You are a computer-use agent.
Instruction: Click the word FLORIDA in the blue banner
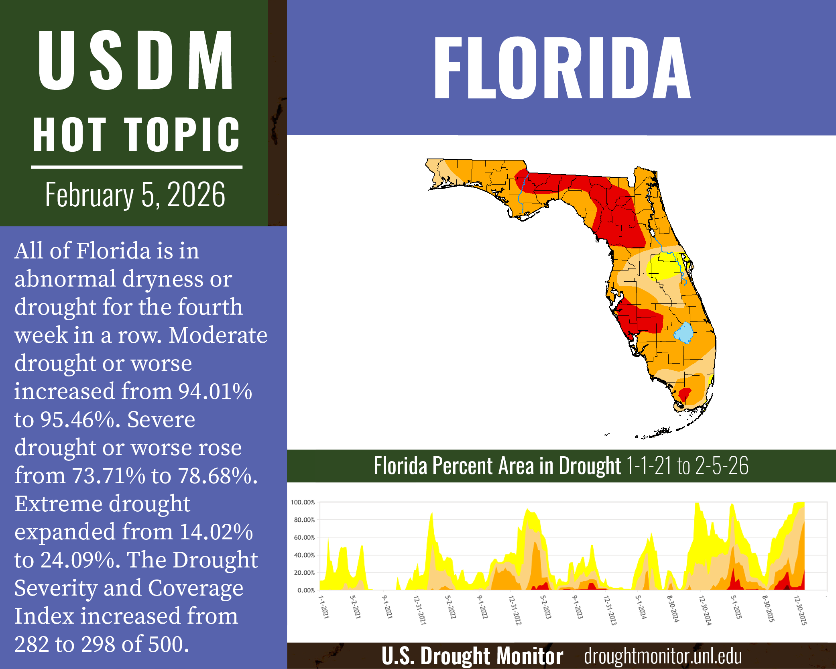point(562,68)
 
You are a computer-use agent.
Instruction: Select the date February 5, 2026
point(135,195)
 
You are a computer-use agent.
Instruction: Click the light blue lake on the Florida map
point(683,333)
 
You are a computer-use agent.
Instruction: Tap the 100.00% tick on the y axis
point(303,502)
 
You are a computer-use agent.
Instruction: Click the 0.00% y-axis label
point(306,590)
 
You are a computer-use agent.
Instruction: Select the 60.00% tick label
point(304,538)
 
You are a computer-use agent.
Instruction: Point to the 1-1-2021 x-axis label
point(324,607)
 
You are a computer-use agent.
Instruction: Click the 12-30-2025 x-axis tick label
point(800,610)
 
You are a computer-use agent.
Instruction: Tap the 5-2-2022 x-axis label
point(450,607)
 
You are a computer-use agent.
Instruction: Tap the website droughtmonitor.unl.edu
point(663,656)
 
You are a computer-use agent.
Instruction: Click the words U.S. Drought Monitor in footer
point(472,656)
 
